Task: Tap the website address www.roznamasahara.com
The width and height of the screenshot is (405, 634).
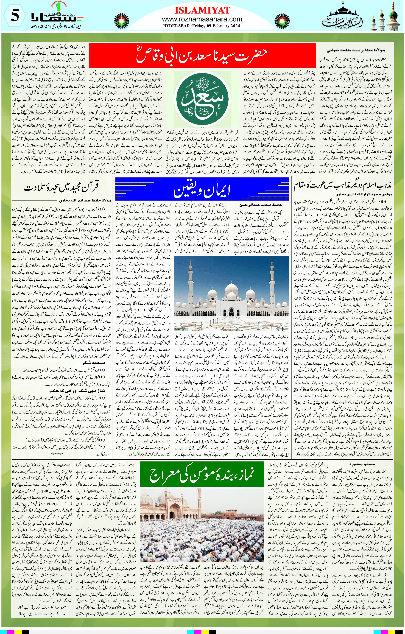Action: (202, 19)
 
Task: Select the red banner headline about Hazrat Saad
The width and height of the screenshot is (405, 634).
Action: (202, 55)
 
